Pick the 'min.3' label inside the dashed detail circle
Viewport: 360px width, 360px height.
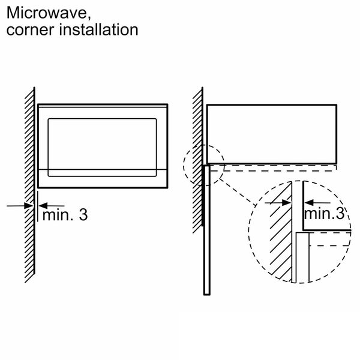(325, 213)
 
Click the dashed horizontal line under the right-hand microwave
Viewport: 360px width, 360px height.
(276, 170)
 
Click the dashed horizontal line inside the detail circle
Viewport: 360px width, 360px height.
(330, 247)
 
